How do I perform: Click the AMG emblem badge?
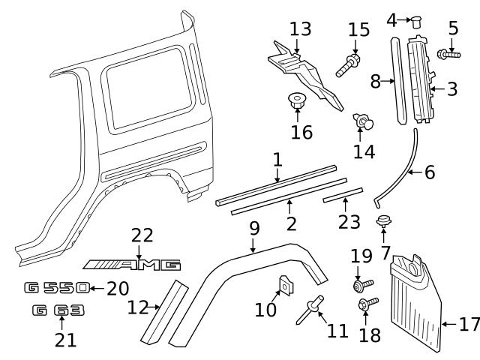point(132,264)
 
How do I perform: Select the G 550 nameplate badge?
point(57,287)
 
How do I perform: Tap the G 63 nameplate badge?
point(58,310)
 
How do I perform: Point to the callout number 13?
point(300,29)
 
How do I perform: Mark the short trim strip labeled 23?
point(343,197)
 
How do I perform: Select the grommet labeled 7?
point(384,220)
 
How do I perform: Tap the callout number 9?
point(254,226)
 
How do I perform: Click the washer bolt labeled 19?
point(360,286)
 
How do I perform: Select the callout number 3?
point(451,89)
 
